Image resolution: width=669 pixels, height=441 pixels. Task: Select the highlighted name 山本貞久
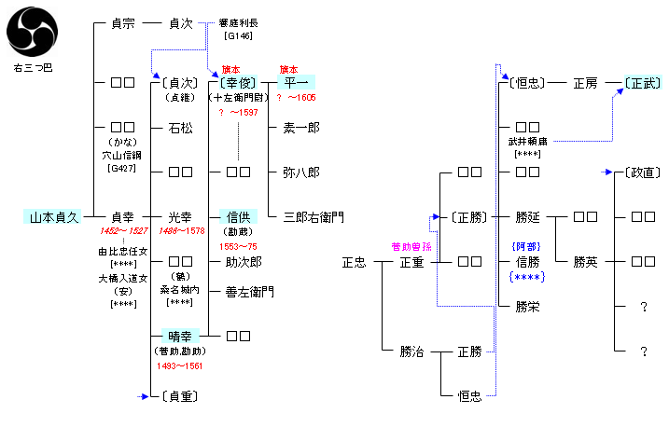pos(52,216)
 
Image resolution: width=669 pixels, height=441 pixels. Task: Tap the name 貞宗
pos(123,23)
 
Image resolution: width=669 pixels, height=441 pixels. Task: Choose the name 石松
pos(181,127)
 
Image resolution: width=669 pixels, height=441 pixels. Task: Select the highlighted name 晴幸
pos(181,336)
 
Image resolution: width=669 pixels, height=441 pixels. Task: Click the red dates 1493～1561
pos(181,365)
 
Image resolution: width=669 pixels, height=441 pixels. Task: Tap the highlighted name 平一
pos(295,82)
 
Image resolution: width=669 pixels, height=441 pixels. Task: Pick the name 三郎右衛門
pos(313,216)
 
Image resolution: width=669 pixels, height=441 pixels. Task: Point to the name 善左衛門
pos(249,291)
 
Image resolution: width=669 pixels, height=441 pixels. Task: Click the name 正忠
pos(354,262)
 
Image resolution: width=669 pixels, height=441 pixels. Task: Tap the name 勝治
pos(411,351)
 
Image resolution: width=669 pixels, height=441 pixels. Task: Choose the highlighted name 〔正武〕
pos(642,82)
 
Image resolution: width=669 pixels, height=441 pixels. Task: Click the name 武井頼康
pos(526,141)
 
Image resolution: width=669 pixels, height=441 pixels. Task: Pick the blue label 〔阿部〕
pos(526,246)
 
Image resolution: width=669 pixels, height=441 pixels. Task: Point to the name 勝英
pos(585,262)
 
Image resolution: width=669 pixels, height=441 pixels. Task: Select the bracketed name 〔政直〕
pos(642,172)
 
